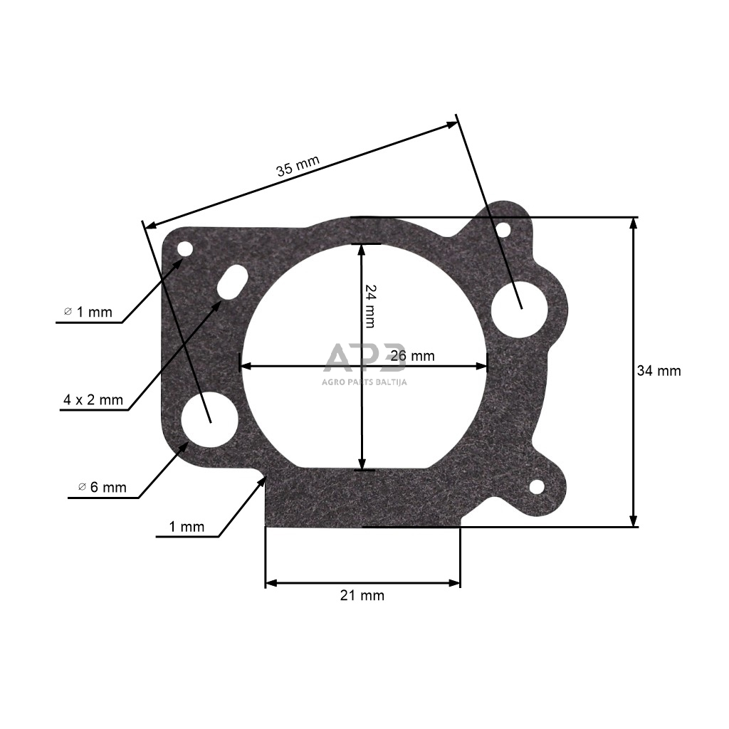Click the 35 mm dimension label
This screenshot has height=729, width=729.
coord(298,166)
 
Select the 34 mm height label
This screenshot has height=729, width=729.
coord(659,371)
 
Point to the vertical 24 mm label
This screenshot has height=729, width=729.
coord(369,306)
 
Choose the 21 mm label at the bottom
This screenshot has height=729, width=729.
coord(362,595)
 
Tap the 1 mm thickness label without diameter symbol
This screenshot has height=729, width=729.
coord(187,527)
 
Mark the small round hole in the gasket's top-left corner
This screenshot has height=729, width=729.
coord(185,249)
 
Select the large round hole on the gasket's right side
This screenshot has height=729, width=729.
coord(520,308)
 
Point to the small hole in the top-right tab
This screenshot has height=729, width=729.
coord(503,230)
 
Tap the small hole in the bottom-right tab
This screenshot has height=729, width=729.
coord(536,487)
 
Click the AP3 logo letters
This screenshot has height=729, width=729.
coord(364,357)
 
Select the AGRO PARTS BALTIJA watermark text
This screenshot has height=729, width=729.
coord(364,381)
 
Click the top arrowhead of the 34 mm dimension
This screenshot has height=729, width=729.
coord(632,223)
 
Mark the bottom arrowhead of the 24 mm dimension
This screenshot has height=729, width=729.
coord(363,464)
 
